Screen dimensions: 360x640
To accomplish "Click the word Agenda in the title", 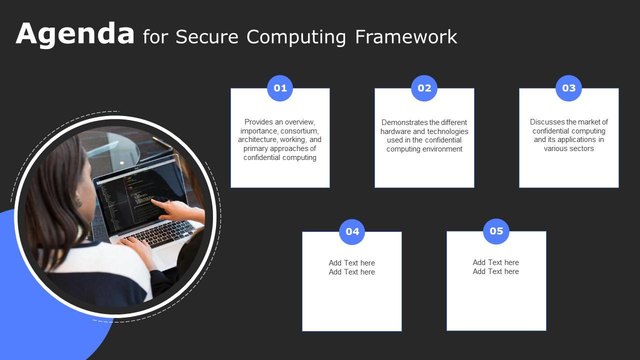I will click(x=75, y=34).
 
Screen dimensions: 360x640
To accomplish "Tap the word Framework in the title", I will click(x=406, y=37).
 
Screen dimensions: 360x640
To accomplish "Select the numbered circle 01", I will click(x=280, y=88).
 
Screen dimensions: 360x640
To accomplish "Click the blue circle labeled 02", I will click(x=424, y=88).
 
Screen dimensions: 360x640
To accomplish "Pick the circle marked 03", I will click(x=568, y=88).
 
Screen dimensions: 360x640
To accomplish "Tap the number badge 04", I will click(x=352, y=231).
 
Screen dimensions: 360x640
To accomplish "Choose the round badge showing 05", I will click(x=496, y=231).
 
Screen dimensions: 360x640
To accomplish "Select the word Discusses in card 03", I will click(x=547, y=122).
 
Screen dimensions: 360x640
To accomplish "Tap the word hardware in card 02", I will click(x=395, y=131).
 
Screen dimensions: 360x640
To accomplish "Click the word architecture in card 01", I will click(x=257, y=140).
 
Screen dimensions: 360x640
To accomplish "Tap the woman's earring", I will click(x=78, y=203).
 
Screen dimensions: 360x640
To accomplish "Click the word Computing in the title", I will click(x=296, y=37).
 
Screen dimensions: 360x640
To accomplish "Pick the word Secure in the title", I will click(x=207, y=37).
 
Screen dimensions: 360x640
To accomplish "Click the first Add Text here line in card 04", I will click(x=351, y=263).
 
